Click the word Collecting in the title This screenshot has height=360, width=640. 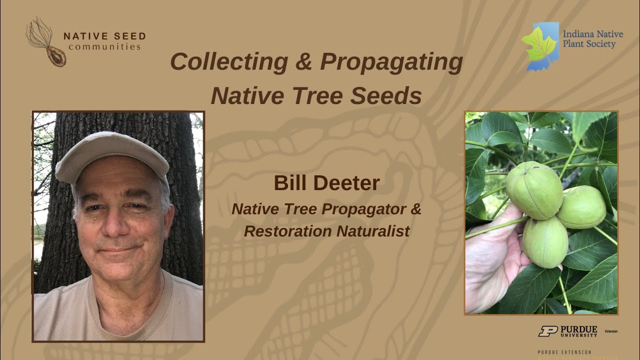point(228,62)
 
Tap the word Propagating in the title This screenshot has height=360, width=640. point(391,62)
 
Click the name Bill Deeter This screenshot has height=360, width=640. point(326,183)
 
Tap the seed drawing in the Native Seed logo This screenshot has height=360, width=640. point(55,56)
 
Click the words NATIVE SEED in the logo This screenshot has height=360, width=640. point(104,36)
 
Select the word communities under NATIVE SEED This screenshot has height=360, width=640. point(104,47)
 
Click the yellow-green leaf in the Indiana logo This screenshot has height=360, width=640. point(538,43)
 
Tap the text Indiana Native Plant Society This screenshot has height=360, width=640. point(593,39)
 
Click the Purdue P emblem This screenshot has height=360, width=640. point(547,331)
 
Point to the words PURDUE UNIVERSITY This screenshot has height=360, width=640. point(578,331)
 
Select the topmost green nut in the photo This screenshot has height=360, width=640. point(534,190)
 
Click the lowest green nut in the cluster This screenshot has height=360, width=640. point(545,242)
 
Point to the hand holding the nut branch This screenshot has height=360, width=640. point(492,260)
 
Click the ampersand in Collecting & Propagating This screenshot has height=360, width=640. point(303,62)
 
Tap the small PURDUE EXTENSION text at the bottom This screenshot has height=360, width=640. point(564,352)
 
